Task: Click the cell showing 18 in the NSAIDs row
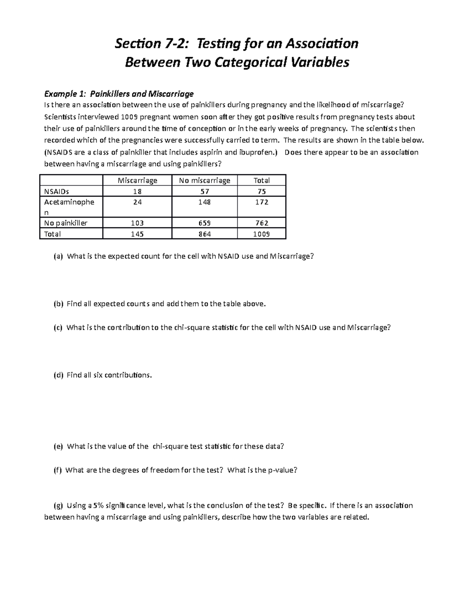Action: tap(137, 191)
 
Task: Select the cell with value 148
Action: tap(204, 202)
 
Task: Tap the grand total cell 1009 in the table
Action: tap(261, 234)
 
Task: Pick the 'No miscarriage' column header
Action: tap(204, 180)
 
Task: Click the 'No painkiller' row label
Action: tap(66, 223)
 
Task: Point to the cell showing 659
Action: tap(204, 223)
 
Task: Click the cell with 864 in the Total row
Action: tap(204, 234)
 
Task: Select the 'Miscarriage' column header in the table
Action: tap(137, 180)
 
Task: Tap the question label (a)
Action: tap(58, 256)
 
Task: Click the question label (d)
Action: tap(58, 375)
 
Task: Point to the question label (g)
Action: tap(58, 505)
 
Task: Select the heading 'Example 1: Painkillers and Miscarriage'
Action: tap(119, 94)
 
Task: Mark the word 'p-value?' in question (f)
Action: tap(282, 470)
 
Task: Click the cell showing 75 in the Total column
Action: tap(261, 191)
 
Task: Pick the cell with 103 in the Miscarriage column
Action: tap(137, 223)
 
